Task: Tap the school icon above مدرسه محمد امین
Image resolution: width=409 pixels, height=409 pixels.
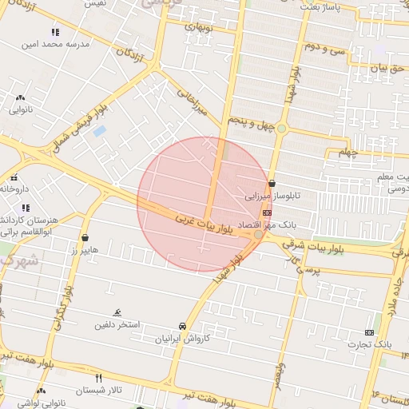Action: click(55, 33)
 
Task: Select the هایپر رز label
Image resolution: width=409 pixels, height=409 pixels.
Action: click(84, 250)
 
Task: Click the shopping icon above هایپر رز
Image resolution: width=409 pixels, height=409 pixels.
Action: click(85, 237)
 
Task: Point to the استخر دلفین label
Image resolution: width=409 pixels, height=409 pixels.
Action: click(118, 324)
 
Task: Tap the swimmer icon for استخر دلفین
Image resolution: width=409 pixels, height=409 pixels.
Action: click(118, 312)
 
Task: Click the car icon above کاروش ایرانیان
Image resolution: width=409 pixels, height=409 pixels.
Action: click(183, 326)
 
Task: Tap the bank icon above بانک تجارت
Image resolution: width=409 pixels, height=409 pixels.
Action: click(369, 332)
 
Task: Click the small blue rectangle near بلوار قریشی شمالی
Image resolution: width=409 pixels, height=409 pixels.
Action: click(99, 130)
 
